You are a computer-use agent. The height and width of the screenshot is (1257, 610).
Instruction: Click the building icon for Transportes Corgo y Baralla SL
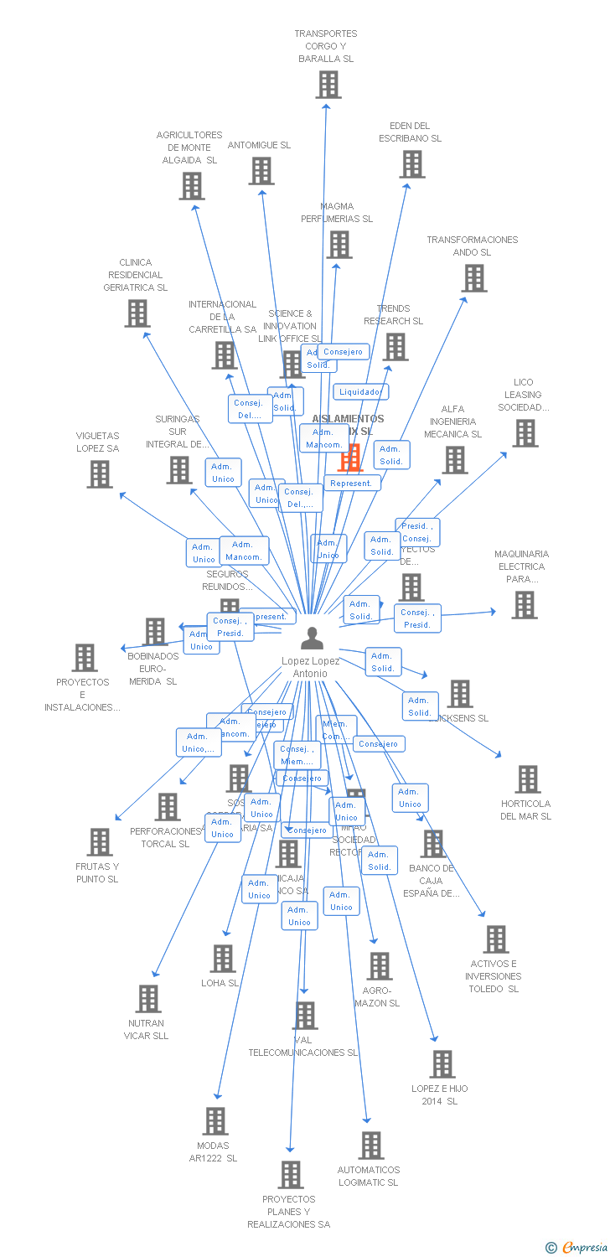pyautogui.click(x=328, y=85)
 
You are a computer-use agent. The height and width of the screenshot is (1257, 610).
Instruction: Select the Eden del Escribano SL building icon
pyautogui.click(x=412, y=164)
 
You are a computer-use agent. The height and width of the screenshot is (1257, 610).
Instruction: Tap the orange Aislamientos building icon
pyautogui.click(x=349, y=458)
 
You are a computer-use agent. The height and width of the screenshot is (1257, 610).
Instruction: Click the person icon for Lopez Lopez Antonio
pyautogui.click(x=312, y=639)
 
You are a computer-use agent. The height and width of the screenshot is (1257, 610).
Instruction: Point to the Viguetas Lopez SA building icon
pyautogui.click(x=100, y=474)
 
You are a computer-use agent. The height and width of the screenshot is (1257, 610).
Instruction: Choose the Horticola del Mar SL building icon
pyautogui.click(x=527, y=779)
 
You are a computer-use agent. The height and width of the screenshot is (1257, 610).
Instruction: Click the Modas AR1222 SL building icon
pyautogui.click(x=215, y=1121)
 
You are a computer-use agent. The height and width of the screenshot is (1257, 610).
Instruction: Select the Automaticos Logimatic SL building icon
pyautogui.click(x=370, y=1146)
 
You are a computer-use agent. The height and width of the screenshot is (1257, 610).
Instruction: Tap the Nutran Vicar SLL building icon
pyautogui.click(x=148, y=999)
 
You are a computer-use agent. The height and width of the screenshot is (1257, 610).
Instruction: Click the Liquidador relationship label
pyautogui.click(x=360, y=391)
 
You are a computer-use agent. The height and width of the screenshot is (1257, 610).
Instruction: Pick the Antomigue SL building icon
pyautogui.click(x=261, y=171)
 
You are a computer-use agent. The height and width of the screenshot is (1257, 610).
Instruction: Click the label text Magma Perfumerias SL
pyautogui.click(x=337, y=213)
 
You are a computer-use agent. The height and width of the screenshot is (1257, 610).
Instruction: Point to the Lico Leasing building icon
pyautogui.click(x=525, y=433)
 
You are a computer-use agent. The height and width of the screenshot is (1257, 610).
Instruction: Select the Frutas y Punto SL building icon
pyautogui.click(x=100, y=842)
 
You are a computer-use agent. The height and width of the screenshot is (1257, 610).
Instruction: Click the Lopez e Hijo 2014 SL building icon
pyautogui.click(x=442, y=1064)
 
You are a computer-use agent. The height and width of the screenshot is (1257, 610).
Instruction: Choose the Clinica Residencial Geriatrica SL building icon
pyautogui.click(x=137, y=313)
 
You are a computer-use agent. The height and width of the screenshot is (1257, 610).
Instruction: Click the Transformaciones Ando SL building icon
pyautogui.click(x=473, y=278)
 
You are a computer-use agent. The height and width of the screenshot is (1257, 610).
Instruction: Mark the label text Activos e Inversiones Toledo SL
pyautogui.click(x=494, y=976)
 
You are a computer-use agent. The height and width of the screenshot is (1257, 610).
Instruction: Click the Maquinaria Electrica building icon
pyautogui.click(x=525, y=605)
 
